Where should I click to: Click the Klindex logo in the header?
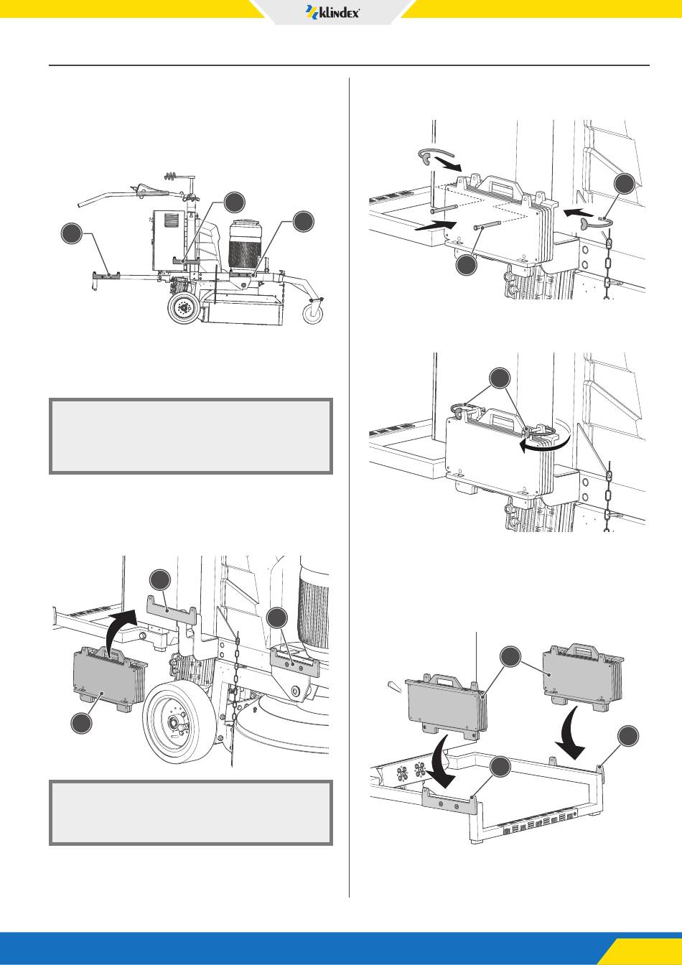332,12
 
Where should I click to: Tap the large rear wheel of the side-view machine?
184,307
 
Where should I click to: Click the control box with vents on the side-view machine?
169,238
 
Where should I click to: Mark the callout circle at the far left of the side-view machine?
72,233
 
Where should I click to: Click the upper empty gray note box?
191,436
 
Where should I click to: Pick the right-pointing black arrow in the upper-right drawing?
435,225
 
